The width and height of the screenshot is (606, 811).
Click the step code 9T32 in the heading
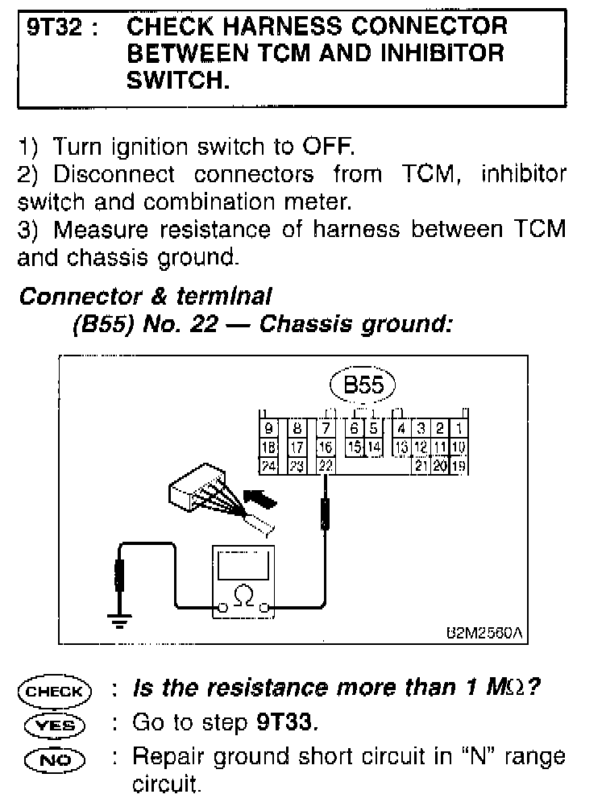55,27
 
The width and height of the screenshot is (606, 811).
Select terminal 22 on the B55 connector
325,465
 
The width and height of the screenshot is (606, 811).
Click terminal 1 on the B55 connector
458,428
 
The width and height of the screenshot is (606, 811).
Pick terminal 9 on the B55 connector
268,428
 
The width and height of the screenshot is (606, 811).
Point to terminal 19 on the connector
458,465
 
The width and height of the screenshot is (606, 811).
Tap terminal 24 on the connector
268,465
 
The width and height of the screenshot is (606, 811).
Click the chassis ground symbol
120,619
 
